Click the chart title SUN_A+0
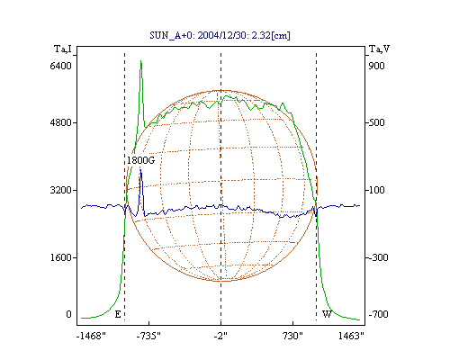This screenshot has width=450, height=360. click(171, 35)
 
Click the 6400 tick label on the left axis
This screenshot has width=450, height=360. click(60, 66)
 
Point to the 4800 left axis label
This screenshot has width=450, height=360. click(60, 122)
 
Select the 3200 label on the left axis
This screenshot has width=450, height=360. click(60, 190)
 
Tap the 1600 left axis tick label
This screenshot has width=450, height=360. click(60, 257)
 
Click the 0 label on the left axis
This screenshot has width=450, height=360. click(68, 314)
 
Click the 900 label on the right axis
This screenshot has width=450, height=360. click(376, 66)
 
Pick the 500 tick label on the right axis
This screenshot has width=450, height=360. click(376, 122)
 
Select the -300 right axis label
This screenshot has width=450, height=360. click(378, 257)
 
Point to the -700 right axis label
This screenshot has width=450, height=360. click(378, 314)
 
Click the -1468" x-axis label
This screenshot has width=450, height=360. click(91, 336)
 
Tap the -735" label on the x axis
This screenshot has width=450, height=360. click(148, 336)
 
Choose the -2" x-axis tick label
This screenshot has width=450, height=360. click(220, 336)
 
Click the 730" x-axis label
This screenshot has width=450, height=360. click(292, 336)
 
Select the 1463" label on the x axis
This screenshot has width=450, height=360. click(351, 336)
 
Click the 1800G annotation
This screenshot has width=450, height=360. click(140, 160)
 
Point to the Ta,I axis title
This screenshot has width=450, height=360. click(63, 49)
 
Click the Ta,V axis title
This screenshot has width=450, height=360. click(379, 49)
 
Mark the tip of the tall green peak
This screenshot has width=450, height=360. click(140, 60)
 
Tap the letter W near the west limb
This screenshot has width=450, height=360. click(327, 314)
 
